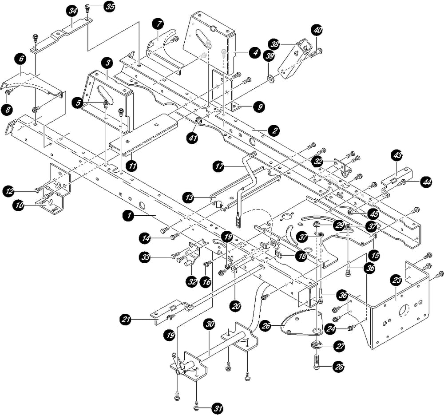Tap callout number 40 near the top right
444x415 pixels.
pyautogui.click(x=318, y=31)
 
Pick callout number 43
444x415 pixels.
pyautogui.click(x=396, y=155)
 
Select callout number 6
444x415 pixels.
pyautogui.click(x=19, y=58)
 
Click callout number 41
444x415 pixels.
pyautogui.click(x=192, y=138)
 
